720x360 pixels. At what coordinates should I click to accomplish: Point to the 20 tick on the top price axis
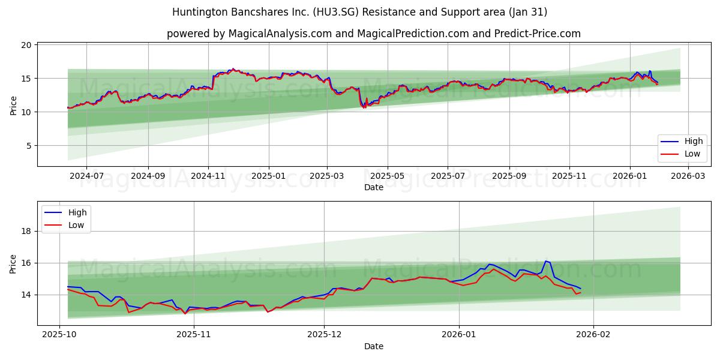(x=26, y=45)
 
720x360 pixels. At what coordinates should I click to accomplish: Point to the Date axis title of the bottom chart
(x=373, y=346)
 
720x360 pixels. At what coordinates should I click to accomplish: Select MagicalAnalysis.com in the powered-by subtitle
(x=280, y=34)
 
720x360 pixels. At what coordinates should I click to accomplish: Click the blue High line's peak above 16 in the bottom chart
(x=545, y=261)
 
